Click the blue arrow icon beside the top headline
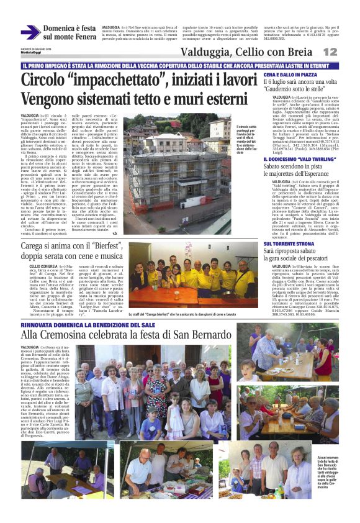click(x=30, y=32)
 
